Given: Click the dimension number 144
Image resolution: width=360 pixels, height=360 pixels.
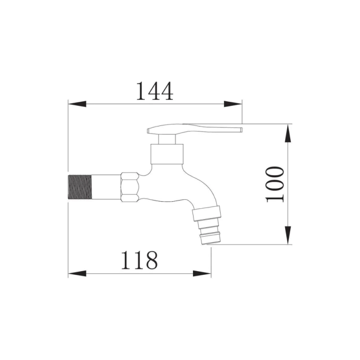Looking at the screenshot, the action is [155, 91].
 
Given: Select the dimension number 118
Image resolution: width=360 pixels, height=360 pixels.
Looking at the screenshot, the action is [139, 261].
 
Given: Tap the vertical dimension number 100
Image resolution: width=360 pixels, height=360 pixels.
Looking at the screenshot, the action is [275, 184].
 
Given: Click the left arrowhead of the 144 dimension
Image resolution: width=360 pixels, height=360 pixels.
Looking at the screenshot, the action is [77, 104].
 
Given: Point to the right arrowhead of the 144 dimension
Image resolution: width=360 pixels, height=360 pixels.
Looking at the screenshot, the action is [233, 104].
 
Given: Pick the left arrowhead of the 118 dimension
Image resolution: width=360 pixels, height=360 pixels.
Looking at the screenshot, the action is [77, 274].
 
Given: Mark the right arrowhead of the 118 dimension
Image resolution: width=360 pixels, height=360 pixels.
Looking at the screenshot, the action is [202, 274].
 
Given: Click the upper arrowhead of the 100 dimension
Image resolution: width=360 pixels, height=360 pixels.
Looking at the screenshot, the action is [288, 133].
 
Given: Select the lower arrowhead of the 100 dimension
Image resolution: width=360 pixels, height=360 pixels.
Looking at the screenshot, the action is [288, 235].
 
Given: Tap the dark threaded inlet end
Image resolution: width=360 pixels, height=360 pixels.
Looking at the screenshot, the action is [80, 187].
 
